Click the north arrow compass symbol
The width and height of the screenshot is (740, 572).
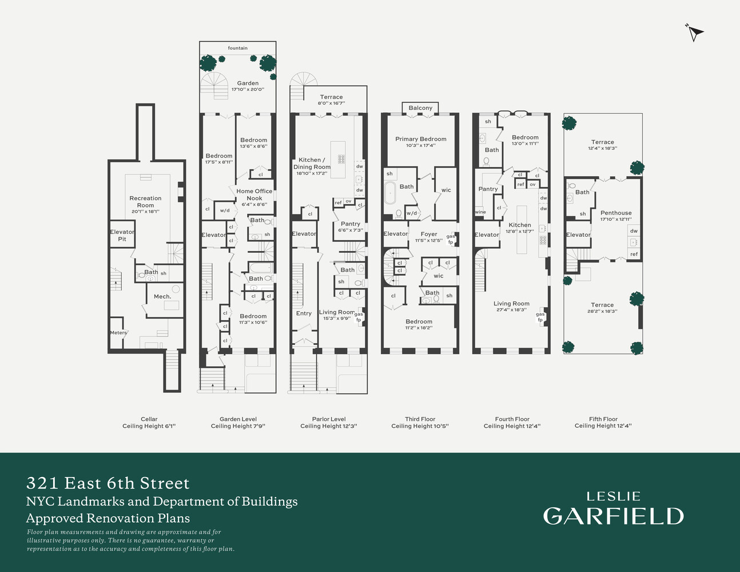pyautogui.click(x=694, y=33)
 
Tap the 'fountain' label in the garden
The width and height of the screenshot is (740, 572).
pyautogui.click(x=237, y=48)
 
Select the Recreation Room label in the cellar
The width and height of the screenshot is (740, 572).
pyautogui.click(x=145, y=202)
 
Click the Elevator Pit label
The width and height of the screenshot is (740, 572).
pyautogui.click(x=122, y=235)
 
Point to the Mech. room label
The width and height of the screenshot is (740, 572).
pyautogui.click(x=162, y=296)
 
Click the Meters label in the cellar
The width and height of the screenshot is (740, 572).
pyautogui.click(x=118, y=332)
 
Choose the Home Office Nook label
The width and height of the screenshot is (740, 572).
pyautogui.click(x=254, y=194)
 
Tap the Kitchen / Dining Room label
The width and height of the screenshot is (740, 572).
pyautogui.click(x=312, y=164)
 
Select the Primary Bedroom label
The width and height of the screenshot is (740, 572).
pyautogui.click(x=420, y=139)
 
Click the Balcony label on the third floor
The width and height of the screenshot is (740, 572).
pyautogui.click(x=420, y=108)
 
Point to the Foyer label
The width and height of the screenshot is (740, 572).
pyautogui.click(x=429, y=234)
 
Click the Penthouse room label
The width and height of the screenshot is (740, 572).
pyautogui.click(x=616, y=213)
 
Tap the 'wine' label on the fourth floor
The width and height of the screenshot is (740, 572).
pyautogui.click(x=480, y=212)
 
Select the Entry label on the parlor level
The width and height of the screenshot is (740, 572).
pyautogui.click(x=304, y=313)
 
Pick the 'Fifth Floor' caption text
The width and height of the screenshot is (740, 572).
pyautogui.click(x=603, y=419)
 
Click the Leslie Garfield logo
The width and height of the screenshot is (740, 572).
pyautogui.click(x=613, y=509)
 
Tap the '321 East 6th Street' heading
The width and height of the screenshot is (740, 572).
pyautogui.click(x=108, y=483)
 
